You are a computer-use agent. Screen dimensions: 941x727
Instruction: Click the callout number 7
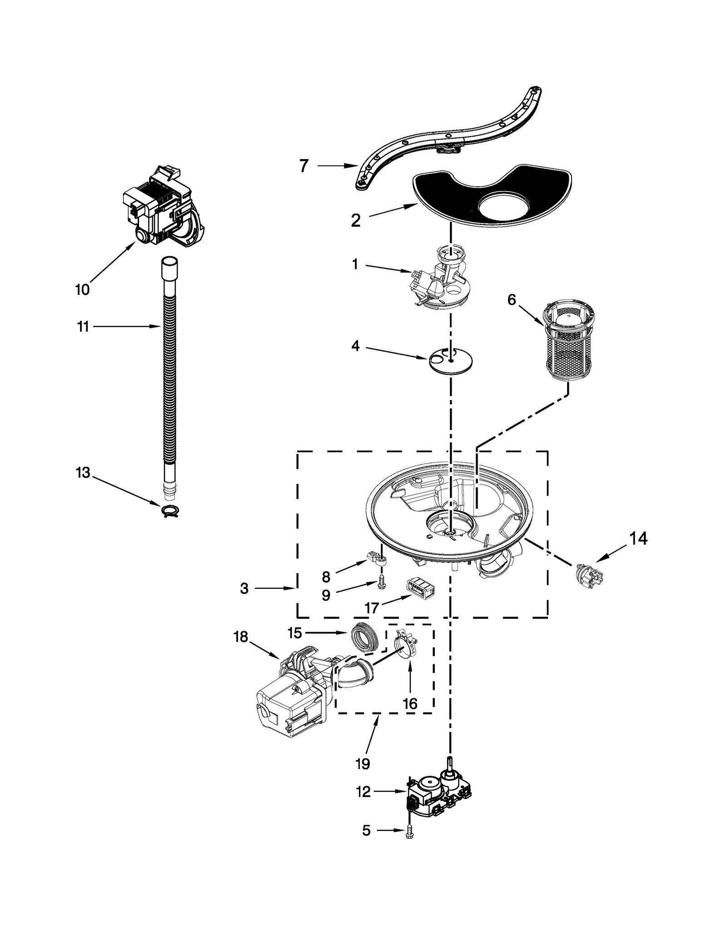click(x=304, y=166)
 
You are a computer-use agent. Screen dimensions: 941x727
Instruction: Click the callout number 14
click(x=638, y=538)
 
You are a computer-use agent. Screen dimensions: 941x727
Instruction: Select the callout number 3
click(x=244, y=588)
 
